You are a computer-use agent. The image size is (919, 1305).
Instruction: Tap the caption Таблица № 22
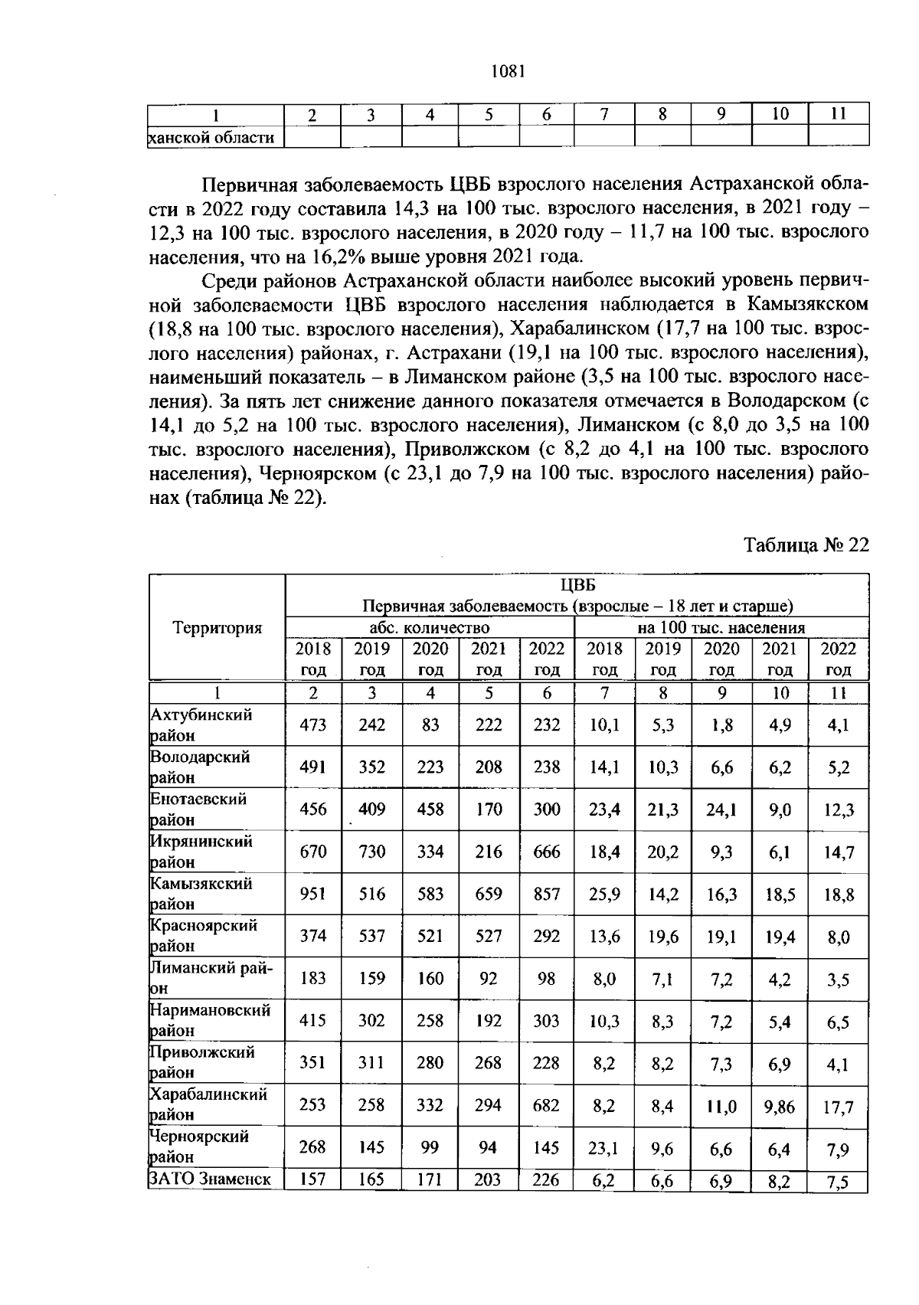(806, 545)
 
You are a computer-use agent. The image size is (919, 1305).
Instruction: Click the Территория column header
(217, 628)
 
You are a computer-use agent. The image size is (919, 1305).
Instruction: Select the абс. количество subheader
(430, 628)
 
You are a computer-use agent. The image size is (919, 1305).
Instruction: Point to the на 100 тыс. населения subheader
(721, 628)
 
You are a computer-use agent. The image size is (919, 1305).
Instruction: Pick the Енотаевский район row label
(199, 809)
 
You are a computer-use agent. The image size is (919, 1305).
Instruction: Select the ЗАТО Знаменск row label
(210, 1179)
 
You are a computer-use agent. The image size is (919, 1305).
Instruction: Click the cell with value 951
(313, 894)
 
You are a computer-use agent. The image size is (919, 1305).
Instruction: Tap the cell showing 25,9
(605, 894)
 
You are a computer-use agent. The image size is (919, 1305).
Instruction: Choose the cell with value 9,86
(780, 1105)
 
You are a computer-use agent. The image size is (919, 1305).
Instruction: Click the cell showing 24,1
(721, 809)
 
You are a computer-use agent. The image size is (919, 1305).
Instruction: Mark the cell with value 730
(371, 852)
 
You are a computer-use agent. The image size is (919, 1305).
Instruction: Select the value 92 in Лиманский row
(488, 978)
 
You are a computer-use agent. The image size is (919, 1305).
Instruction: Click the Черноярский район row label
(200, 1146)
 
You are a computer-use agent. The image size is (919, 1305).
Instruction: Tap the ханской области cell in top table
(211, 137)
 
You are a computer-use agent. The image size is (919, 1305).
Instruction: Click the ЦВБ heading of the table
(577, 585)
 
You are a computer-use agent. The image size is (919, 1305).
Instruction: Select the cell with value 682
(547, 1105)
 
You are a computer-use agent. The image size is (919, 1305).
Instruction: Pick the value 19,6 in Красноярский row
(663, 937)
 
